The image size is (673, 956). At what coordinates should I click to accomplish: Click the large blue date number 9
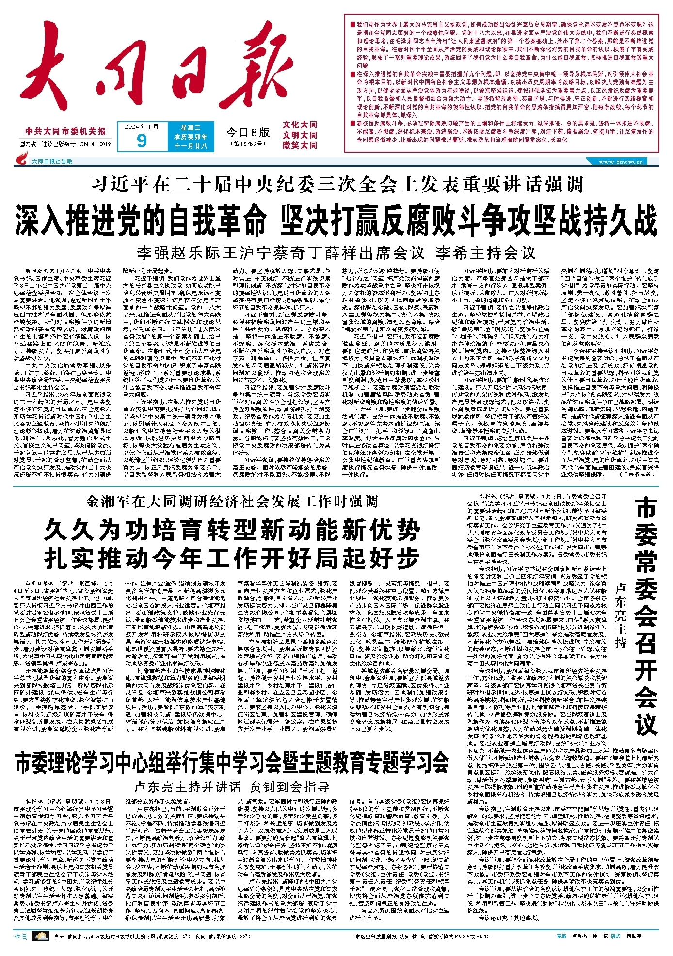click(141, 141)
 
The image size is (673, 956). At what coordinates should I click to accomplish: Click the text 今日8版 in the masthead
click(248, 131)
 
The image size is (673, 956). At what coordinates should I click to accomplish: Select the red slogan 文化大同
click(300, 125)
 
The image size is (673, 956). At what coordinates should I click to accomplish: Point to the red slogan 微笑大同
click(300, 145)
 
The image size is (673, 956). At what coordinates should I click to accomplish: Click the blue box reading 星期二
click(191, 127)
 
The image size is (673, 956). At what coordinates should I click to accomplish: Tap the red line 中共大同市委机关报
click(65, 131)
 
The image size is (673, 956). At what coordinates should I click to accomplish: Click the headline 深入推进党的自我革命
click(141, 220)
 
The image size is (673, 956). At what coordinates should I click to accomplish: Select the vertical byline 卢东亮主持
click(621, 615)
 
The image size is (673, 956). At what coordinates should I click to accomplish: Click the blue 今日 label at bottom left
click(21, 936)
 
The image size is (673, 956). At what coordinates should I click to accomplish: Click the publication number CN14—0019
click(95, 144)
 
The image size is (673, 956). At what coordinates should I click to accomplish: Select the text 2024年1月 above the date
click(141, 127)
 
